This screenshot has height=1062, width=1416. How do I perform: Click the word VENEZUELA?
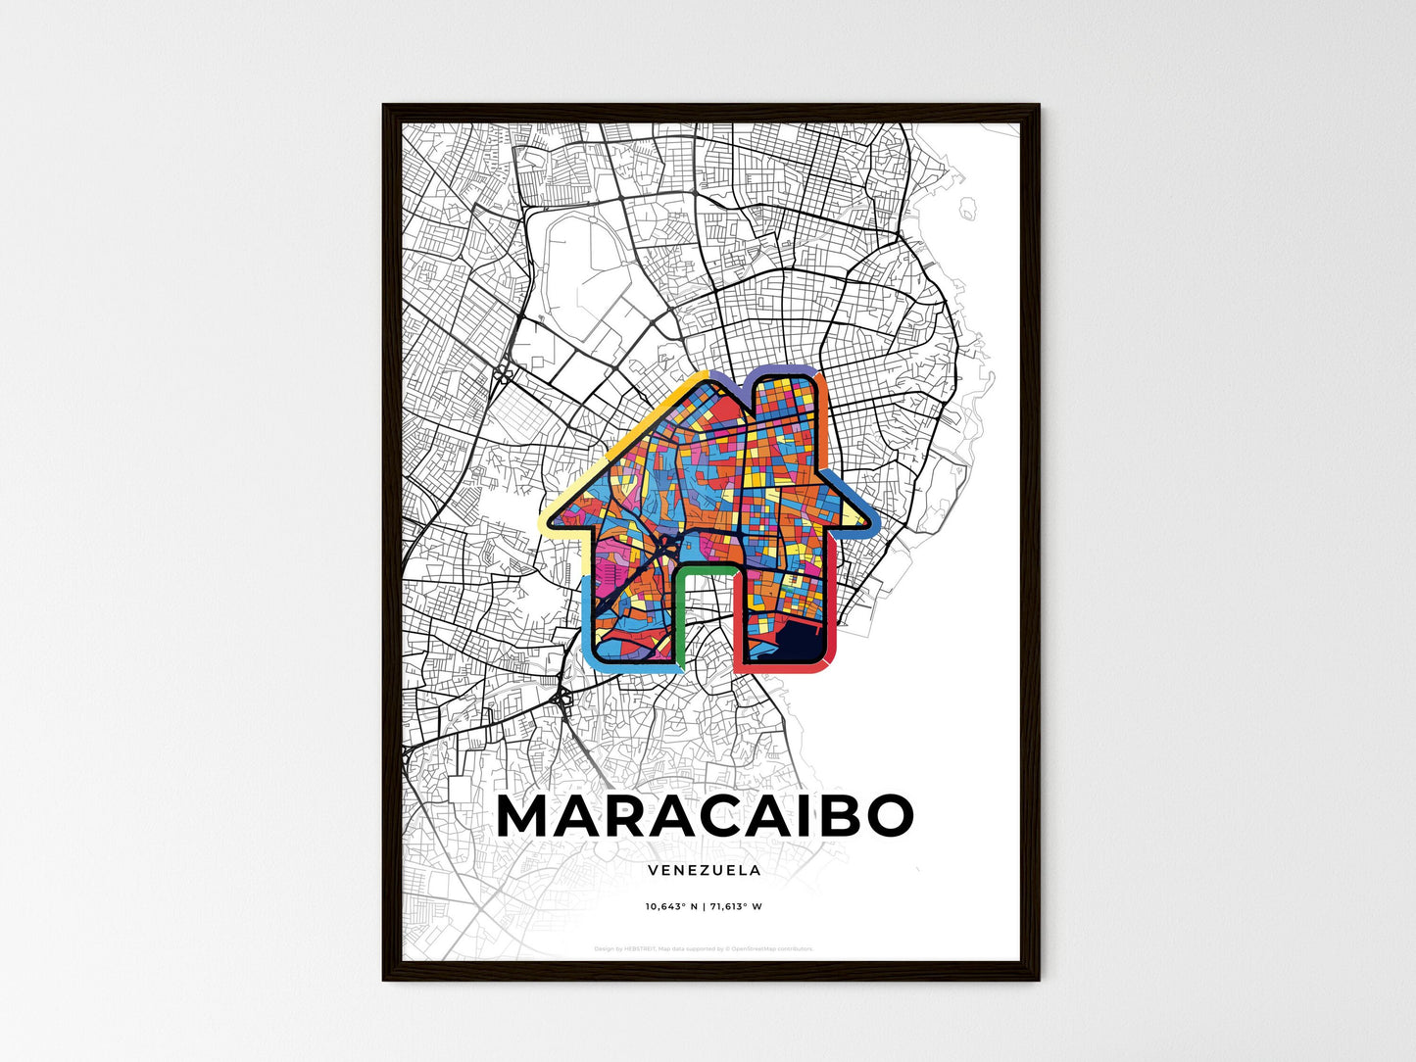(x=705, y=870)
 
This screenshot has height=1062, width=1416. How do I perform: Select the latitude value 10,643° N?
(x=671, y=906)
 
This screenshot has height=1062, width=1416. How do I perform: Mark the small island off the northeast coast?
(x=969, y=208)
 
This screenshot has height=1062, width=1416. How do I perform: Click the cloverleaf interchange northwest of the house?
(x=503, y=373)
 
